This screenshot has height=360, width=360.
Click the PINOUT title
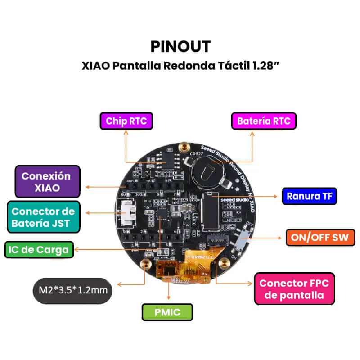pos(180,46)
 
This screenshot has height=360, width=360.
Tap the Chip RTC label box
pos(126,121)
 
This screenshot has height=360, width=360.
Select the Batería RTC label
pos(264,121)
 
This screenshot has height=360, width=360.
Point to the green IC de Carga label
pos(39,250)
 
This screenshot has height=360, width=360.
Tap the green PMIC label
pos(167,312)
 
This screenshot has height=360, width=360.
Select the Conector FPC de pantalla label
pos(294,289)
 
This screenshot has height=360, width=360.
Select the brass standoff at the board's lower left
pos(145,264)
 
